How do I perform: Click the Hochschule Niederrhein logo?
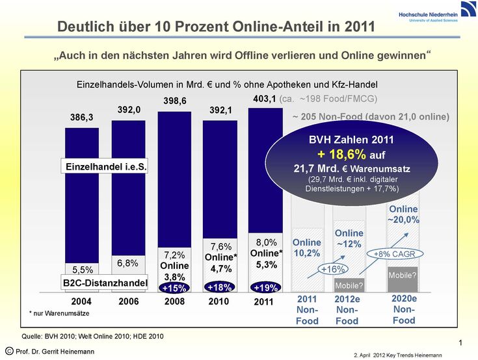tap(427, 16)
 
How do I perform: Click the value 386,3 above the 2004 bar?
tap(82, 118)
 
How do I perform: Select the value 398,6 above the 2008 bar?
tap(175, 101)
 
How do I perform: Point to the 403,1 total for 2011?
tap(264, 99)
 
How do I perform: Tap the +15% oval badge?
tap(174, 287)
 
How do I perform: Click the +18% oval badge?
tap(219, 287)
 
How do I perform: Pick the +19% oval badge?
tap(265, 287)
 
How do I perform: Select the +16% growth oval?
tap(333, 268)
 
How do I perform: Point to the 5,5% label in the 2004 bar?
tap(83, 270)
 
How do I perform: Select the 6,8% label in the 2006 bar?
tap(127, 263)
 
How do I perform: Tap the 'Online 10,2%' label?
tap(306, 248)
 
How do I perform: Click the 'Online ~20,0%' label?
tap(403, 214)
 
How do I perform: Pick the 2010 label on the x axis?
tap(219, 302)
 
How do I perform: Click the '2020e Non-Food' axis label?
tap(403, 309)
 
